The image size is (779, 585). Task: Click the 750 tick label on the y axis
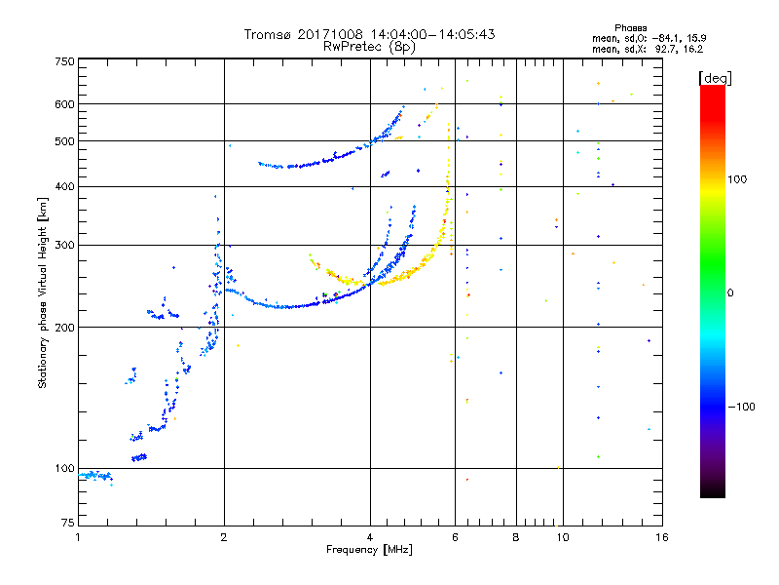pos(64,60)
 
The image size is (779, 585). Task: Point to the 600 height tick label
pos(64,103)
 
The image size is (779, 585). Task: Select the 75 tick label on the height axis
pos(67,526)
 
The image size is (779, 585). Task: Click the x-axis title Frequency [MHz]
pos(370,551)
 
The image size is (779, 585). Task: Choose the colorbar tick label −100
pos(741,407)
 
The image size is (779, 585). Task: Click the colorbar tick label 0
pos(731,292)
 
